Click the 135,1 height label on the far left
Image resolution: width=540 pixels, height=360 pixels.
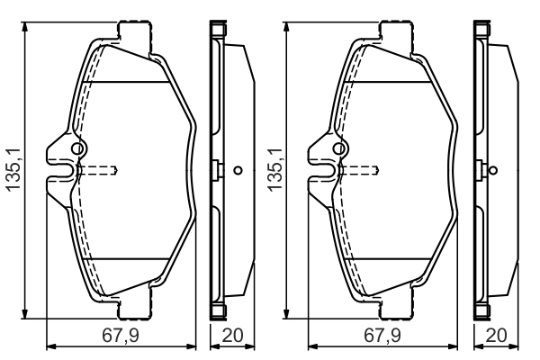click(x=13, y=169)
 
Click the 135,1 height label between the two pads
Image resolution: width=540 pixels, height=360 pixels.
click(x=274, y=169)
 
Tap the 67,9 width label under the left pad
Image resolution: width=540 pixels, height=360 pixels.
click(x=121, y=335)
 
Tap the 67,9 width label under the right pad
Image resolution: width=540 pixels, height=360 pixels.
click(x=382, y=335)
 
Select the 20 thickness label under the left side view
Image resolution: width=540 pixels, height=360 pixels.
click(x=232, y=335)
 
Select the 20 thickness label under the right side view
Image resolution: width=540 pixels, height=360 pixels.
click(x=496, y=335)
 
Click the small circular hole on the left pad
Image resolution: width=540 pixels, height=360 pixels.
click(x=77, y=148)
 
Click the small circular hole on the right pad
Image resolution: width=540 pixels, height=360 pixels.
click(x=339, y=148)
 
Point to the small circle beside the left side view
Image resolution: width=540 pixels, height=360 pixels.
click(x=238, y=170)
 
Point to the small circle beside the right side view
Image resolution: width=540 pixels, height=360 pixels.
click(x=494, y=170)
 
